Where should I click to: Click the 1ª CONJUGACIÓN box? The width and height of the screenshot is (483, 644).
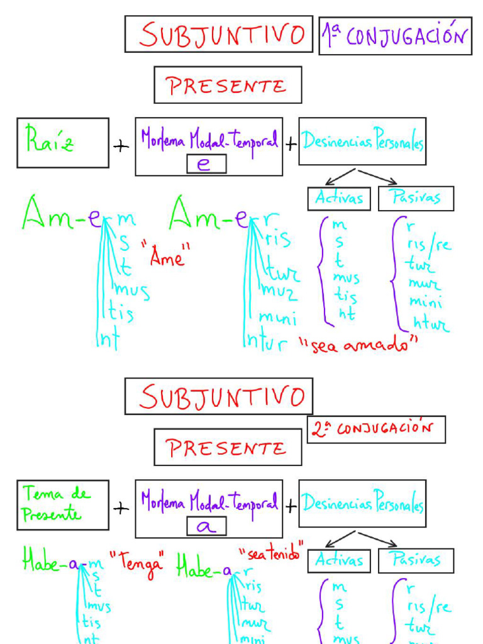coord(395,36)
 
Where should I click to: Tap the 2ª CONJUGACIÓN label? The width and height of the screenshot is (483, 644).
coord(377,430)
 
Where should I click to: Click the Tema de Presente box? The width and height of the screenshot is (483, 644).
coord(62,504)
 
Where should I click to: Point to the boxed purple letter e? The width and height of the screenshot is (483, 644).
coord(203,164)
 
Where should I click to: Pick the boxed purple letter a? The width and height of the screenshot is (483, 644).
coord(203,527)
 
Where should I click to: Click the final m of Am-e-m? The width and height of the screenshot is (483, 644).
coord(126,219)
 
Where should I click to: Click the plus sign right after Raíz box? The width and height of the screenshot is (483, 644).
coord(121,146)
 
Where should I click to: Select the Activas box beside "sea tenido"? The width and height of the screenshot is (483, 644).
coord(339,560)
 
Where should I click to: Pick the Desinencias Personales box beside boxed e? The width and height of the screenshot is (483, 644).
coord(362,142)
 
